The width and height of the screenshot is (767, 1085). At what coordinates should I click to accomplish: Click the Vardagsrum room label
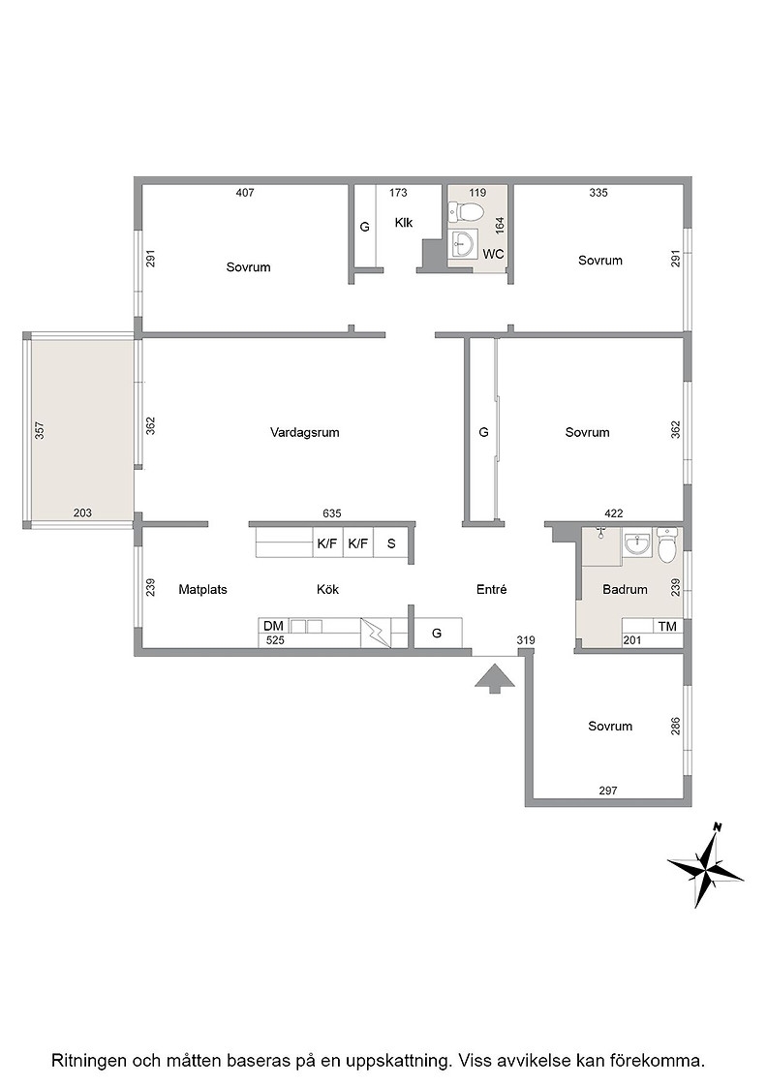[x=304, y=432]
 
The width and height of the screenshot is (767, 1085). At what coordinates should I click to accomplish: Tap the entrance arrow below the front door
[x=495, y=678]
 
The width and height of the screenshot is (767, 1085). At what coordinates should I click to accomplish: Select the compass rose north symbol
[x=706, y=865]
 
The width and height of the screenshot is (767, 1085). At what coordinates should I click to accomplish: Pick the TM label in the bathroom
[x=667, y=626]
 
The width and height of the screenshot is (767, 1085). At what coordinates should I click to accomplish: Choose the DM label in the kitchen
[x=273, y=626]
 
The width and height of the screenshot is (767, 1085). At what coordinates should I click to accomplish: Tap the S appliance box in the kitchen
[x=391, y=543]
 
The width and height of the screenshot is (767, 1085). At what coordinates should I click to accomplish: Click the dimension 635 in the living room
[x=332, y=513]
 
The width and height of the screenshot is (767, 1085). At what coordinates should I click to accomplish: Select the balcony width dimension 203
[x=82, y=512]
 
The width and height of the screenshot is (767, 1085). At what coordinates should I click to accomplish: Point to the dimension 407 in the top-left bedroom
[x=245, y=193]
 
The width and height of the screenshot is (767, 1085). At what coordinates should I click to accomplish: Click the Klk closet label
[x=404, y=222]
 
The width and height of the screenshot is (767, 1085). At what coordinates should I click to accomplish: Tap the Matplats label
[x=202, y=590]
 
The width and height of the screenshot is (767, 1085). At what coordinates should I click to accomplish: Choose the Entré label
[x=492, y=590]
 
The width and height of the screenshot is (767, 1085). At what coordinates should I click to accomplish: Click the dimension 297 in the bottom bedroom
[x=608, y=790]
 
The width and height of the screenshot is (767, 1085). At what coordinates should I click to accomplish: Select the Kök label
[x=328, y=590]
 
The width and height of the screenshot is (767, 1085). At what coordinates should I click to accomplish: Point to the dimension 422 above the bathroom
[x=613, y=513]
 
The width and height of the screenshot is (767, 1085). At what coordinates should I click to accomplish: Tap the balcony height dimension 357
[x=40, y=430]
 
